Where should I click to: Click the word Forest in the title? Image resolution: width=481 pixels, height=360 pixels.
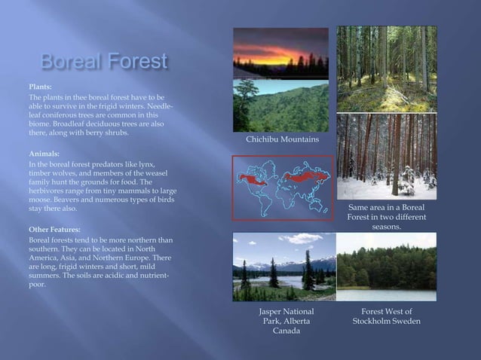click(136, 62)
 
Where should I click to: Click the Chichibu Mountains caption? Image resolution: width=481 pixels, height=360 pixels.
click(283, 140)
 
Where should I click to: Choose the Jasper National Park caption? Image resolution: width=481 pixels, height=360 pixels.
click(286, 322)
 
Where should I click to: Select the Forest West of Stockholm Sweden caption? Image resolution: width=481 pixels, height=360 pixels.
click(386, 316)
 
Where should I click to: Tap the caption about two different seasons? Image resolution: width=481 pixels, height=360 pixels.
click(386, 216)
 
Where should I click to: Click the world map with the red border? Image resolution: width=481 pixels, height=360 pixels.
click(283, 187)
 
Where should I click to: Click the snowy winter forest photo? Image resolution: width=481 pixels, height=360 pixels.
click(386, 157)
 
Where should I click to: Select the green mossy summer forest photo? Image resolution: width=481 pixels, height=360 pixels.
click(386, 69)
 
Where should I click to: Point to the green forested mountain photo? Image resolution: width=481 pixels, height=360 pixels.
click(280, 105)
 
